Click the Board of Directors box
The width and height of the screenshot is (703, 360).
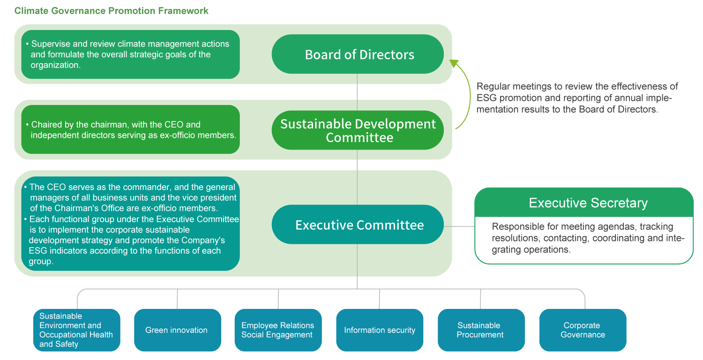tap(358, 54)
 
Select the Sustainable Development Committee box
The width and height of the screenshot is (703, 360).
tap(358, 130)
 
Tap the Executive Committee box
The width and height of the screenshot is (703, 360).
tap(358, 225)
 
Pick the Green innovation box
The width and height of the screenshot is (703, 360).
tap(177, 330)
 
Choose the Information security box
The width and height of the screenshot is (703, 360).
tap(380, 330)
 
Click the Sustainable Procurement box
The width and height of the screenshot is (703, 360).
tap(480, 330)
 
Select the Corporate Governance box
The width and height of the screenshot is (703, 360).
tap(583, 330)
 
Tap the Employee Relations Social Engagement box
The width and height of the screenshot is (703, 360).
tap(277, 330)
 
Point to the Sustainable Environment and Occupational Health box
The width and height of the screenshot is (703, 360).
tap(77, 330)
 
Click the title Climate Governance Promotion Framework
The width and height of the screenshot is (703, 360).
tap(112, 11)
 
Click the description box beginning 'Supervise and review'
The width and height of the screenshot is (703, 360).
tap(130, 54)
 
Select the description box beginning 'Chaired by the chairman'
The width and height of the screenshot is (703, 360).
tap(130, 130)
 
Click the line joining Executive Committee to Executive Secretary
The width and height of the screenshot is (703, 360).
tap(459, 226)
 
